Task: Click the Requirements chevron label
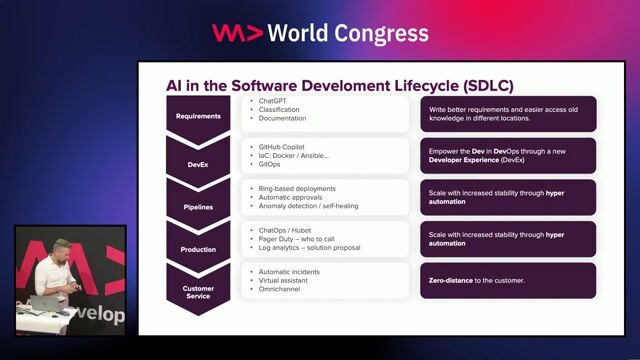(198, 115)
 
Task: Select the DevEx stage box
(198, 157)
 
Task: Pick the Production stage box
(198, 249)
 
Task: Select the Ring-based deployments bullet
(297, 188)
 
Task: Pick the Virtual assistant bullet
(286, 280)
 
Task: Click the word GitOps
(271, 164)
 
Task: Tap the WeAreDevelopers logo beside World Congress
(238, 33)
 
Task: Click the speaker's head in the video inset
(62, 249)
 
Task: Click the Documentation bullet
(283, 118)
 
